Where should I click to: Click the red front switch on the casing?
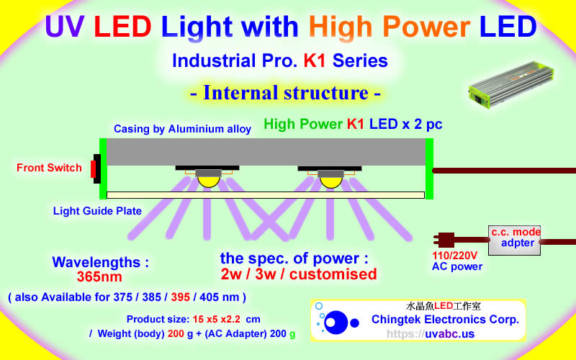point(94,169)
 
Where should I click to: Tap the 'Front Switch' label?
point(49,168)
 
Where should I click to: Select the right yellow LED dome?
point(330,180)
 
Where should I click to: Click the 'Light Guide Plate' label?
point(97,211)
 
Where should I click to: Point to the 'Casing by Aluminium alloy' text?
point(182,129)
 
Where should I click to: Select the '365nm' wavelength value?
point(99,276)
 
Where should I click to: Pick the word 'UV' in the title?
point(66,27)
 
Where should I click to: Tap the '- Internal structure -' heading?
point(285,94)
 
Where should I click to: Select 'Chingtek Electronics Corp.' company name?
point(445,319)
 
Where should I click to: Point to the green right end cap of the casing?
point(429,168)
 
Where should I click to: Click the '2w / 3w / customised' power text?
point(299,274)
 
